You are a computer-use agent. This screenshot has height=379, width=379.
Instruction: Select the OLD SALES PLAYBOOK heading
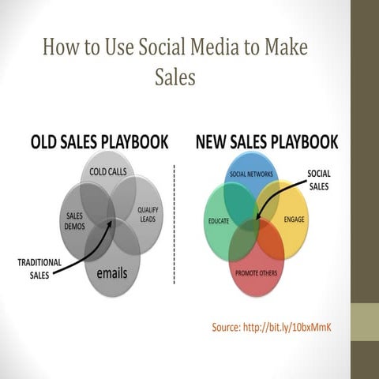pyautogui.click(x=99, y=143)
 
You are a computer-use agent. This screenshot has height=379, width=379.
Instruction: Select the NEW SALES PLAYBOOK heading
pyautogui.click(x=267, y=143)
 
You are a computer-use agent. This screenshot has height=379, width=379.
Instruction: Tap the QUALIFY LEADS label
pyautogui.click(x=148, y=214)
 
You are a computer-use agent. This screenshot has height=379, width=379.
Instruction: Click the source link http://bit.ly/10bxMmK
pyautogui.click(x=286, y=326)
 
